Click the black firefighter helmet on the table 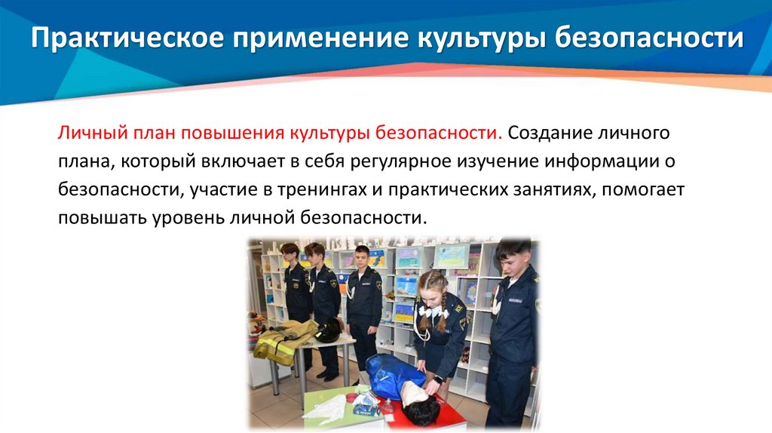click(x=328, y=330)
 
